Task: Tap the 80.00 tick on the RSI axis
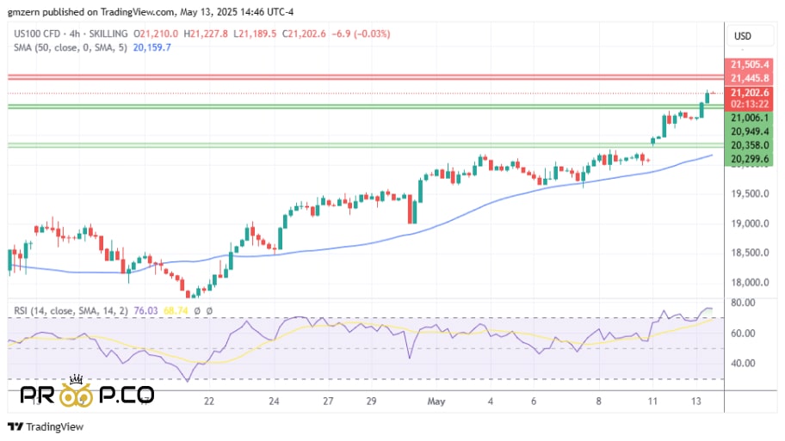point(744,303)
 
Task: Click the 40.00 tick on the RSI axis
point(744,363)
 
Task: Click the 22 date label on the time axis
point(208,401)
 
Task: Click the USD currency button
point(742,35)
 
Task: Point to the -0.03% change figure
point(375,34)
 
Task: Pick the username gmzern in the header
point(22,13)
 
